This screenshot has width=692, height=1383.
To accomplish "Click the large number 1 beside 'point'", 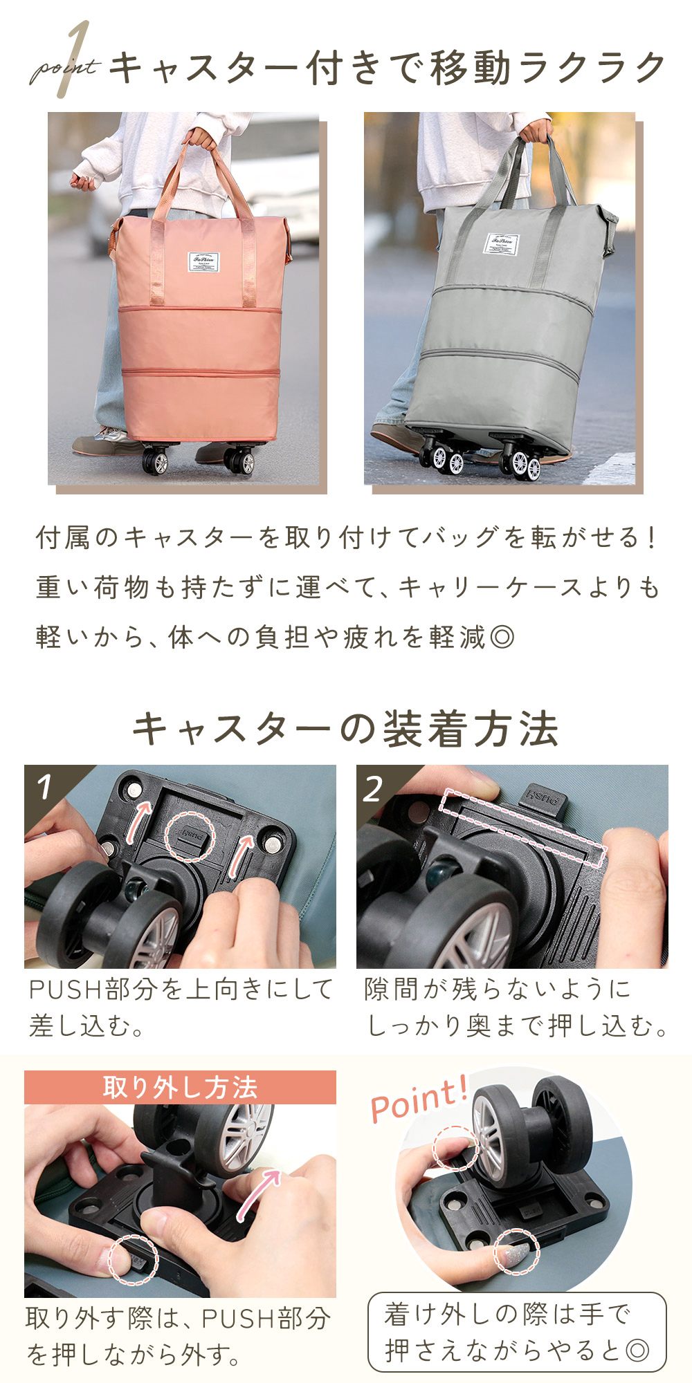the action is click(x=78, y=58).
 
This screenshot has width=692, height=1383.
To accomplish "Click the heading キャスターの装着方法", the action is click(x=346, y=729).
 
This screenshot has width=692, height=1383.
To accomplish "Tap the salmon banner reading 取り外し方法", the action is click(x=180, y=1087).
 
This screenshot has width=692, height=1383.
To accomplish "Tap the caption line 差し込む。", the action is click(x=86, y=1025).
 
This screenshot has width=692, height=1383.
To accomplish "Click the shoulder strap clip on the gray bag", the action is click(x=608, y=224).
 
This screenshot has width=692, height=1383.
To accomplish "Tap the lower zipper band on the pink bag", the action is click(x=201, y=373).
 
